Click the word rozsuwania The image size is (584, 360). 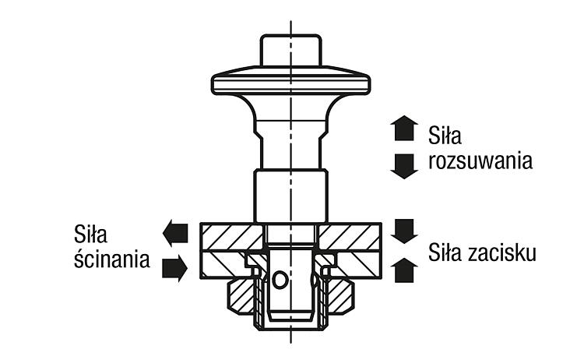pyautogui.click(x=480, y=161)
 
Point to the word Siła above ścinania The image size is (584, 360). pyautogui.click(x=90, y=234)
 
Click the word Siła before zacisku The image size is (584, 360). pyautogui.click(x=445, y=252)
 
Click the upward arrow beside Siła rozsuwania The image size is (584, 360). pyautogui.click(x=404, y=128)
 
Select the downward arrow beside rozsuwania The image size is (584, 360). pyautogui.click(x=404, y=166)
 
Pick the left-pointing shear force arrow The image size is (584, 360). pyautogui.click(x=175, y=232)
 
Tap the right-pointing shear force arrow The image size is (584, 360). pyautogui.click(x=174, y=268)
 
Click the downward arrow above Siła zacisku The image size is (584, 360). pyautogui.click(x=404, y=231)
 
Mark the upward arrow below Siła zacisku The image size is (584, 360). pyautogui.click(x=404, y=270)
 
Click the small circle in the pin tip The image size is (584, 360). pyautogui.click(x=280, y=280)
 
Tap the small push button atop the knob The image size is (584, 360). pyautogui.click(x=291, y=51)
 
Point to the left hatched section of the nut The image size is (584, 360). pyautogui.click(x=241, y=296)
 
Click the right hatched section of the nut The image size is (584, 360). pyautogui.click(x=339, y=296)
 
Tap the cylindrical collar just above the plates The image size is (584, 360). pyautogui.click(x=291, y=196)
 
